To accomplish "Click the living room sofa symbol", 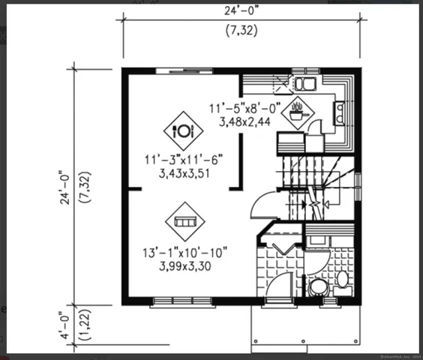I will [x=184, y=221].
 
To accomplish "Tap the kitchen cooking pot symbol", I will [x=298, y=113].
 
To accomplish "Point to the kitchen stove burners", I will [x=340, y=112].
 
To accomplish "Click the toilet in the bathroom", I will [x=318, y=286].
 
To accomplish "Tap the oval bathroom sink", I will [x=343, y=279].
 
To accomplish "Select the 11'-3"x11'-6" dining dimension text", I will [x=184, y=160].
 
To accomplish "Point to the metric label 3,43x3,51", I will [x=184, y=172].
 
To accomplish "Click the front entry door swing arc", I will [x=279, y=286].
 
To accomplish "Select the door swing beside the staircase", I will [x=265, y=203].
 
